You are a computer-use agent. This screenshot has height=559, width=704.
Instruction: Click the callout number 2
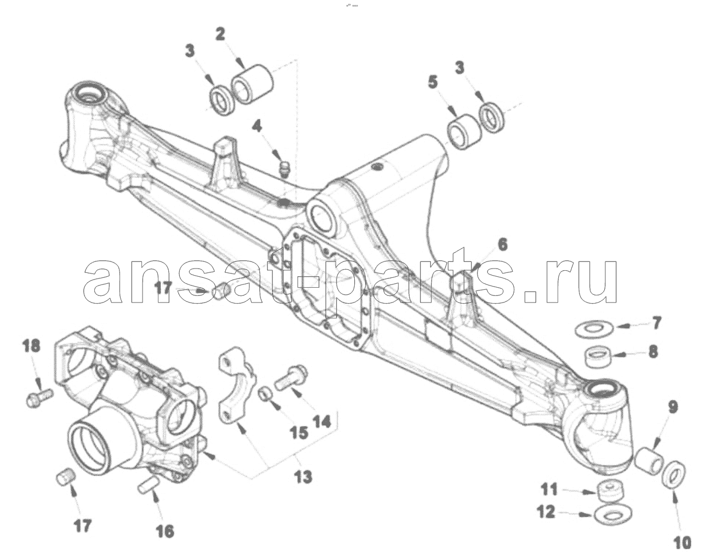click(x=220, y=35)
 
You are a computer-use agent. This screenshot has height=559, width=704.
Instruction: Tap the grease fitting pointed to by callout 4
click(x=286, y=169)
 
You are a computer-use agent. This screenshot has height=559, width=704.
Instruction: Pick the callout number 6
click(x=502, y=245)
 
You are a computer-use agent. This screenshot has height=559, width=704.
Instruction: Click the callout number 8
click(x=653, y=352)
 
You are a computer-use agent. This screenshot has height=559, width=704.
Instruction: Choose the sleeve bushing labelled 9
click(x=649, y=461)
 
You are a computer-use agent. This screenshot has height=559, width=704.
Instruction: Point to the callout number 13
click(x=303, y=477)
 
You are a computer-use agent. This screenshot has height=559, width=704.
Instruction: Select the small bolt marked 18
click(x=39, y=398)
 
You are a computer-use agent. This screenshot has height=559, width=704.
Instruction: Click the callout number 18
click(x=31, y=346)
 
